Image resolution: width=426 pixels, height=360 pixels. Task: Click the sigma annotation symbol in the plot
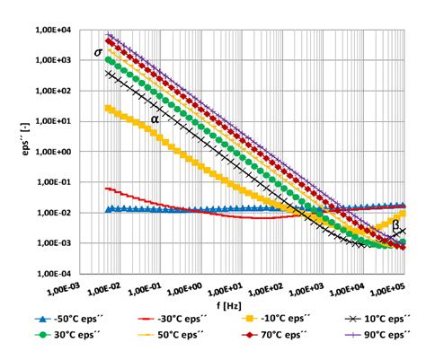tap(98, 53)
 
